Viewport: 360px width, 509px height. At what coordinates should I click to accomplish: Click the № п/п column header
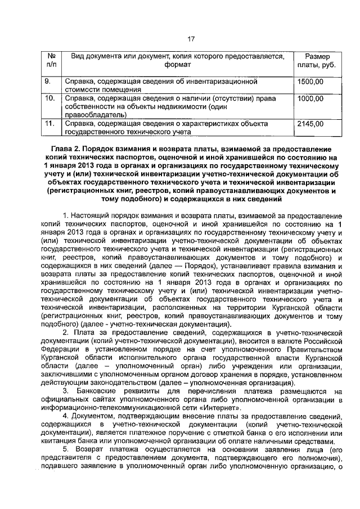click(x=51, y=62)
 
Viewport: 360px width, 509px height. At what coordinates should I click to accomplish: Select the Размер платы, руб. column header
click(x=317, y=62)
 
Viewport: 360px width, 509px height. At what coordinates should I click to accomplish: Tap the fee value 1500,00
click(x=311, y=82)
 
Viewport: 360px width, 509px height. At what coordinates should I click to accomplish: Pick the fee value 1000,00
click(x=311, y=98)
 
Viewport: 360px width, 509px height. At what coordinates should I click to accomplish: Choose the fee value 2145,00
click(x=311, y=123)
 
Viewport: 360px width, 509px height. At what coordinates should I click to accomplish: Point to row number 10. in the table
click(x=50, y=98)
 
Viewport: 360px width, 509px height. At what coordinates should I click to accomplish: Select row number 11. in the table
click(x=50, y=123)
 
